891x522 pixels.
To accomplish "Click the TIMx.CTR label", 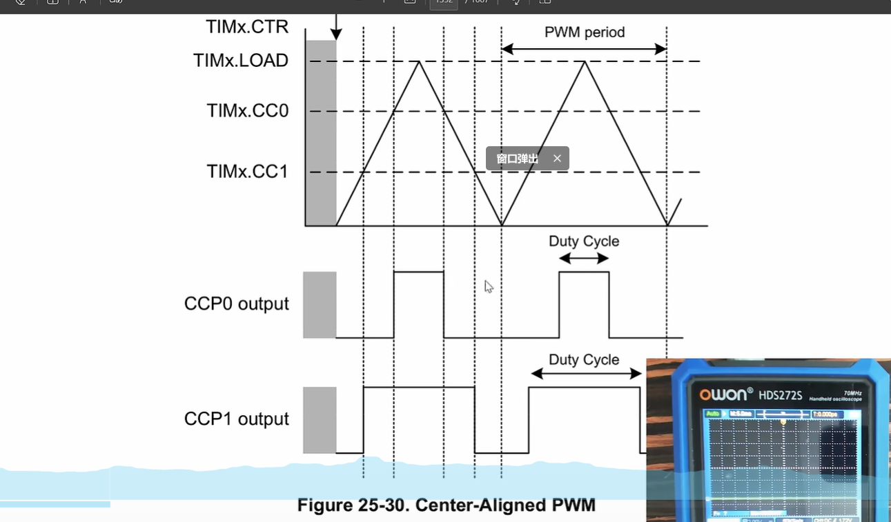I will (x=246, y=27).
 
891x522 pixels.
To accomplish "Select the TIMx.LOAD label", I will (x=240, y=61).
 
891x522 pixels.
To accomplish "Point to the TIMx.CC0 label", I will (x=247, y=110).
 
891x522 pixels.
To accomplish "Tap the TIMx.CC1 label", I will (x=247, y=171).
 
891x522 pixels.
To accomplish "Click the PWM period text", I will (x=585, y=32).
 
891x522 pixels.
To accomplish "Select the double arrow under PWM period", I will (x=584, y=49).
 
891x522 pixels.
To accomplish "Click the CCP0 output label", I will (x=236, y=304).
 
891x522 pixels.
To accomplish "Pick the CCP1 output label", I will (x=236, y=419).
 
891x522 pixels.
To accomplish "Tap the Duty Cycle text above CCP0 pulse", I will (x=584, y=241).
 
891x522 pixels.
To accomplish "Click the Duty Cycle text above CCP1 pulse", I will (x=584, y=360).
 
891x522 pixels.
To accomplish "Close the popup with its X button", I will (x=557, y=159).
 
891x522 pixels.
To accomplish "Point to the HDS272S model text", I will (x=781, y=395).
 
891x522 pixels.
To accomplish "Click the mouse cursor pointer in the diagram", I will (x=488, y=285).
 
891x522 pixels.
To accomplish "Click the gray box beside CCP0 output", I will (x=320, y=305).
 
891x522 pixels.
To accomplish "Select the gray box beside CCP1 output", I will (x=320, y=420).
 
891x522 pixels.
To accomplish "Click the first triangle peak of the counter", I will (x=418, y=62).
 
